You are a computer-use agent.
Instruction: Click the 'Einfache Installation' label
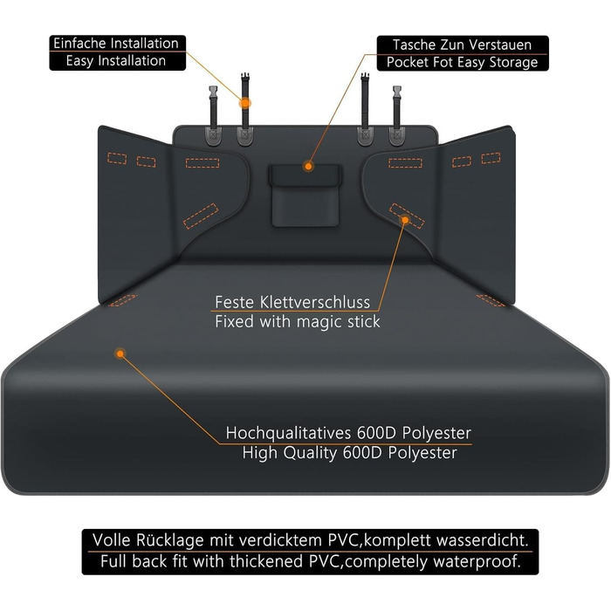(x=116, y=43)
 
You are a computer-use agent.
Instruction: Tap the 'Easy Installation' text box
(x=116, y=61)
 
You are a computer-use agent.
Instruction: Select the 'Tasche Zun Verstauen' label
(x=463, y=45)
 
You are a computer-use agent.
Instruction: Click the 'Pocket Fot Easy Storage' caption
(x=463, y=63)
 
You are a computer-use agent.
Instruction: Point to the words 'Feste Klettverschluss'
(x=292, y=302)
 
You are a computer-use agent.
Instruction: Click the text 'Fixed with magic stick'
(x=298, y=321)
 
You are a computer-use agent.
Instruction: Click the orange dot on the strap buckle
(x=245, y=103)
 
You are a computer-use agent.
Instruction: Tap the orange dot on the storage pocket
(x=307, y=165)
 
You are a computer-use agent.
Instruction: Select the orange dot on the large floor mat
(x=120, y=354)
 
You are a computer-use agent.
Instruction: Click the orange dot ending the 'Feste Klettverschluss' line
(x=405, y=221)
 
